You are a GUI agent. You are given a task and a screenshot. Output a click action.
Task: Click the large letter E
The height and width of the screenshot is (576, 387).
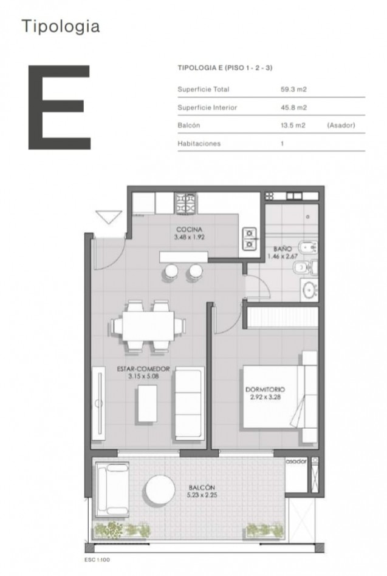coord(59,107)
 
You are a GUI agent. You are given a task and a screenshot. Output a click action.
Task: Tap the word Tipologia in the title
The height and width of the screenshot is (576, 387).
coord(61,27)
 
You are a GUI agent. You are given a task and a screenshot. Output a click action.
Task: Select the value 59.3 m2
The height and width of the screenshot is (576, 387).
coord(293,89)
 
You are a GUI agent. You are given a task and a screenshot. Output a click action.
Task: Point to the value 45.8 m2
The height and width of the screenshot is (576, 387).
coord(293,108)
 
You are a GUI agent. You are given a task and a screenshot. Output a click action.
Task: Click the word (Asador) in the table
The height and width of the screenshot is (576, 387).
coord(341,126)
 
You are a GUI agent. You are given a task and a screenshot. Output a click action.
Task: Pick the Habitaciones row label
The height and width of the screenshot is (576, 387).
coord(199,144)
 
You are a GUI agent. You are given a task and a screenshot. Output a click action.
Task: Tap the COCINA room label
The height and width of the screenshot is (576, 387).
coord(190,230)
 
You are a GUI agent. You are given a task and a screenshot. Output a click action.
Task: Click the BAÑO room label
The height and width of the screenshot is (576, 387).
coord(283,249)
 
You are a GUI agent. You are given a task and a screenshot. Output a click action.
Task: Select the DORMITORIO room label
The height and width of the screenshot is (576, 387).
coord(265,389)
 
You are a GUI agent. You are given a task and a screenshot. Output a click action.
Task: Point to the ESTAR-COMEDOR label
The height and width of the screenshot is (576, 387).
coord(143,369)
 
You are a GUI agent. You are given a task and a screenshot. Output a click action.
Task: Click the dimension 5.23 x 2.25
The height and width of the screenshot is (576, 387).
coord(202,495)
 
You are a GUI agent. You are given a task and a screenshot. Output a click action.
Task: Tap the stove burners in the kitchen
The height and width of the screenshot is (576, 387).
coord(186,203)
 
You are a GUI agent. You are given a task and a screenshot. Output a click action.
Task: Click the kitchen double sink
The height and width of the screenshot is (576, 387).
coord(249,239)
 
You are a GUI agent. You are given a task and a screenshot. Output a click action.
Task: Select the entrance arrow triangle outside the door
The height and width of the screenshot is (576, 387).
coord(109,216)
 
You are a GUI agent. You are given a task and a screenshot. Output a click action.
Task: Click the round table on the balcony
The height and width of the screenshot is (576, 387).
coord(160,491)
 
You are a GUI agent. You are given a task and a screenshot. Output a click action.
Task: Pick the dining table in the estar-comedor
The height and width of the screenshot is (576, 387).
coord(148,326)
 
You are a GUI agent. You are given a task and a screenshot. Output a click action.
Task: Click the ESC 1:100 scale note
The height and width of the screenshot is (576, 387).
coord(97,560)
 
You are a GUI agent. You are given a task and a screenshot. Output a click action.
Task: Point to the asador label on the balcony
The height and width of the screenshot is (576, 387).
coord(296,461)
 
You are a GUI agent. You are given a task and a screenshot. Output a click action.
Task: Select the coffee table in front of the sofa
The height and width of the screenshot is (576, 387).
coord(147,403)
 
